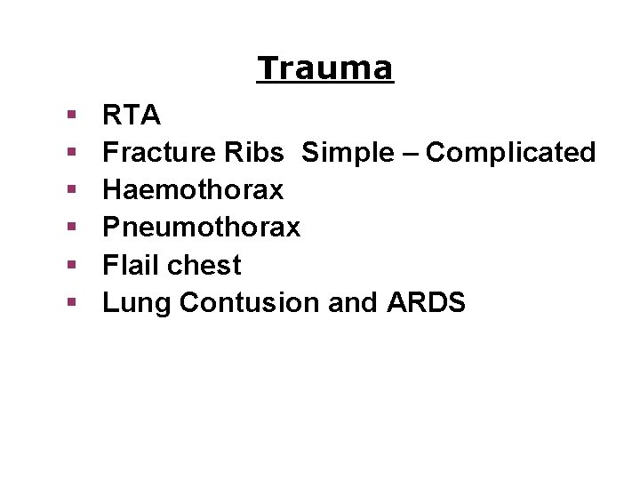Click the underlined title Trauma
(x=324, y=68)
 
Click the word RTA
(x=132, y=116)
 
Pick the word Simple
(x=349, y=153)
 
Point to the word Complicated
(x=511, y=153)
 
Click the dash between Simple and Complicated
(x=412, y=154)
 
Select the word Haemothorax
(x=193, y=190)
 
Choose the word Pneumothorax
(x=202, y=228)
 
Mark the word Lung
(x=137, y=302)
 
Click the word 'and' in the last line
(x=353, y=302)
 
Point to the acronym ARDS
(x=427, y=302)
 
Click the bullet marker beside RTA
(x=71, y=116)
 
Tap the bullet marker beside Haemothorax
(x=71, y=190)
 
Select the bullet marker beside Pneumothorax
(x=71, y=228)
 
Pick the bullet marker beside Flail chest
(x=71, y=265)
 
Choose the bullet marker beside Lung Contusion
(x=71, y=302)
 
